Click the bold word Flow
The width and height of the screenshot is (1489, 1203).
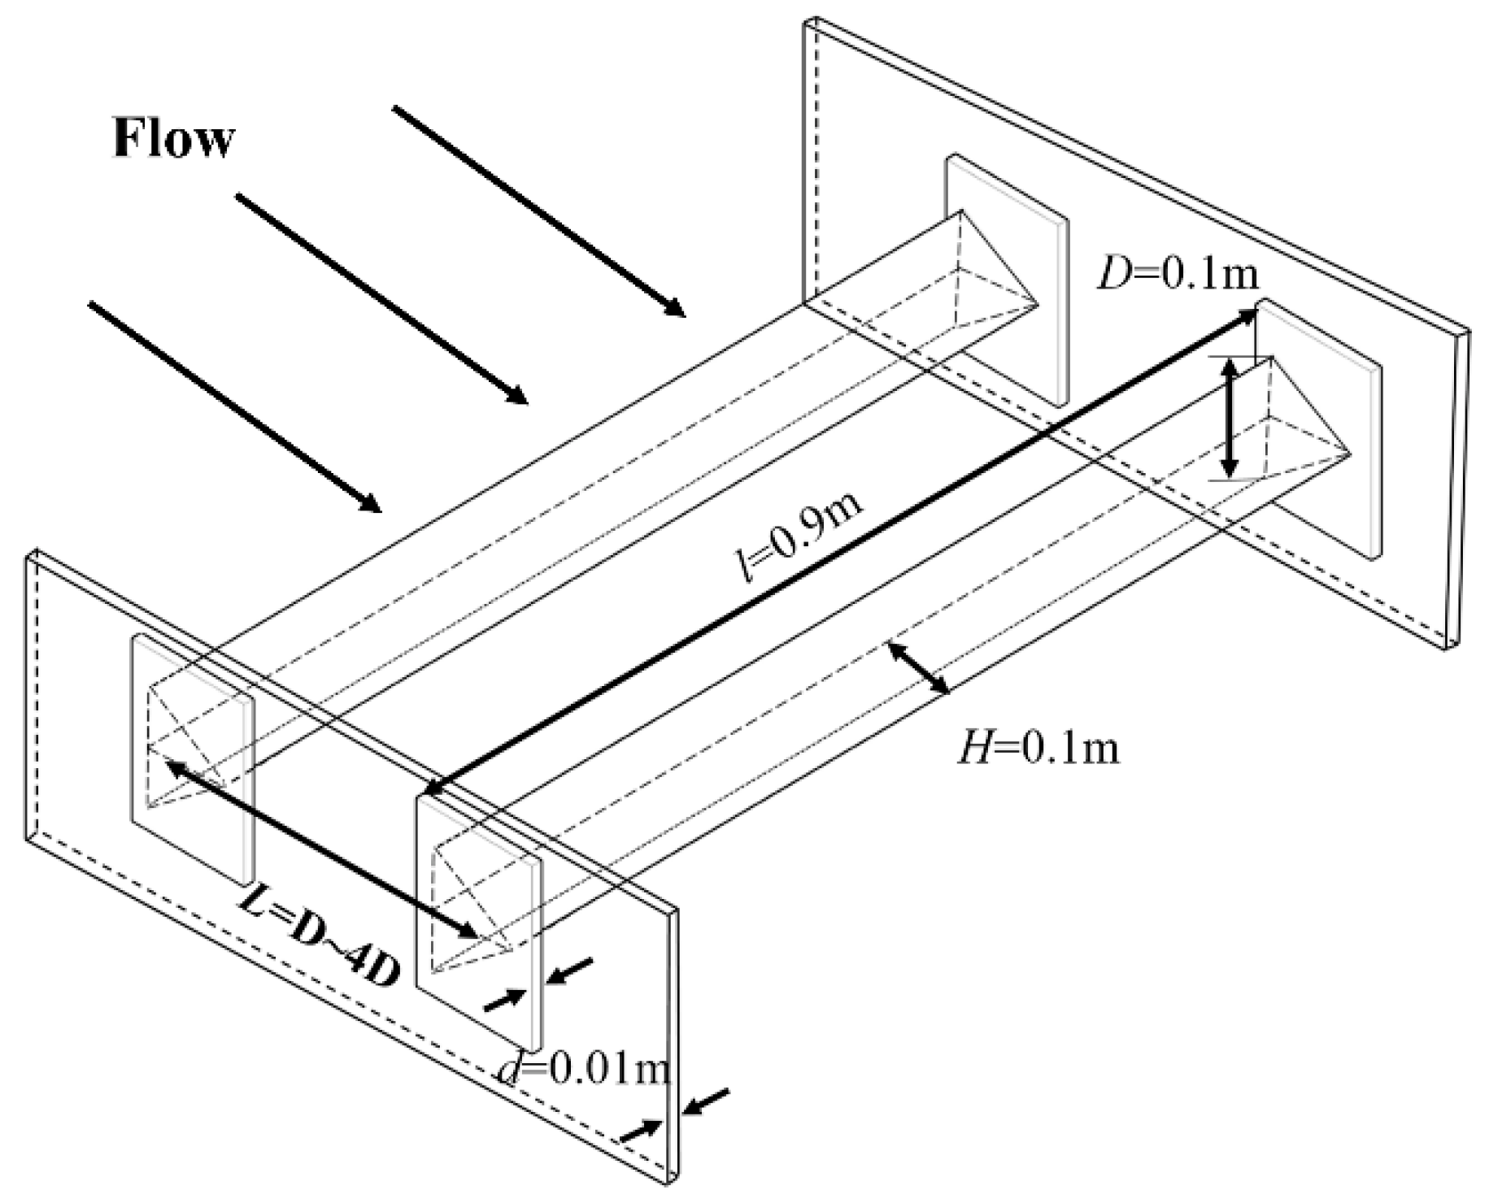[173, 139]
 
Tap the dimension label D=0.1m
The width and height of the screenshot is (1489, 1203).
[1177, 275]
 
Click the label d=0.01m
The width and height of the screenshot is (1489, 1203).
[584, 1071]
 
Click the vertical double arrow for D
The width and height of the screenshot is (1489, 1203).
[1230, 419]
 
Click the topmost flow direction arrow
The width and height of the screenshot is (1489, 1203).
[538, 211]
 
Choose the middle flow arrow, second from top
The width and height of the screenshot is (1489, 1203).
[381, 298]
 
